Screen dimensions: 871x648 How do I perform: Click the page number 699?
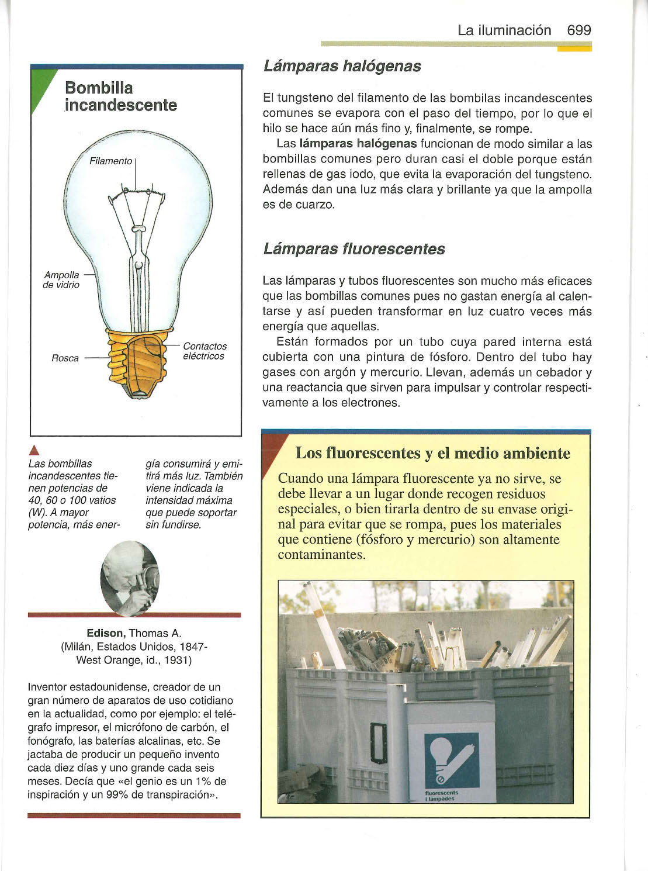tap(578, 30)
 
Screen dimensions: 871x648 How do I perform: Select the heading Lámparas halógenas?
tap(342, 66)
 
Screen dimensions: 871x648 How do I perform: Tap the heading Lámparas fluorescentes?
tap(354, 249)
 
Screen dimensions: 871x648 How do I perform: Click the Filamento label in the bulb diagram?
tap(110, 161)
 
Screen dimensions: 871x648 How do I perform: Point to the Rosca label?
tap(65, 358)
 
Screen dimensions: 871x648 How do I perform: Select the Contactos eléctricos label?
tap(204, 351)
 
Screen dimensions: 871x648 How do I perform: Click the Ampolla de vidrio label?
tap(61, 279)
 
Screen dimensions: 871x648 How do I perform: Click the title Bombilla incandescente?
tap(120, 96)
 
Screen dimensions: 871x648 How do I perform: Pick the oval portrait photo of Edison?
tap(129, 578)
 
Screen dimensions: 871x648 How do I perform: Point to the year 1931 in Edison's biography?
tap(178, 660)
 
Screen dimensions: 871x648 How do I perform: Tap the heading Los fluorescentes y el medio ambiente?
tap(432, 453)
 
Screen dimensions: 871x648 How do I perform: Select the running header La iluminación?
tap(504, 30)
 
